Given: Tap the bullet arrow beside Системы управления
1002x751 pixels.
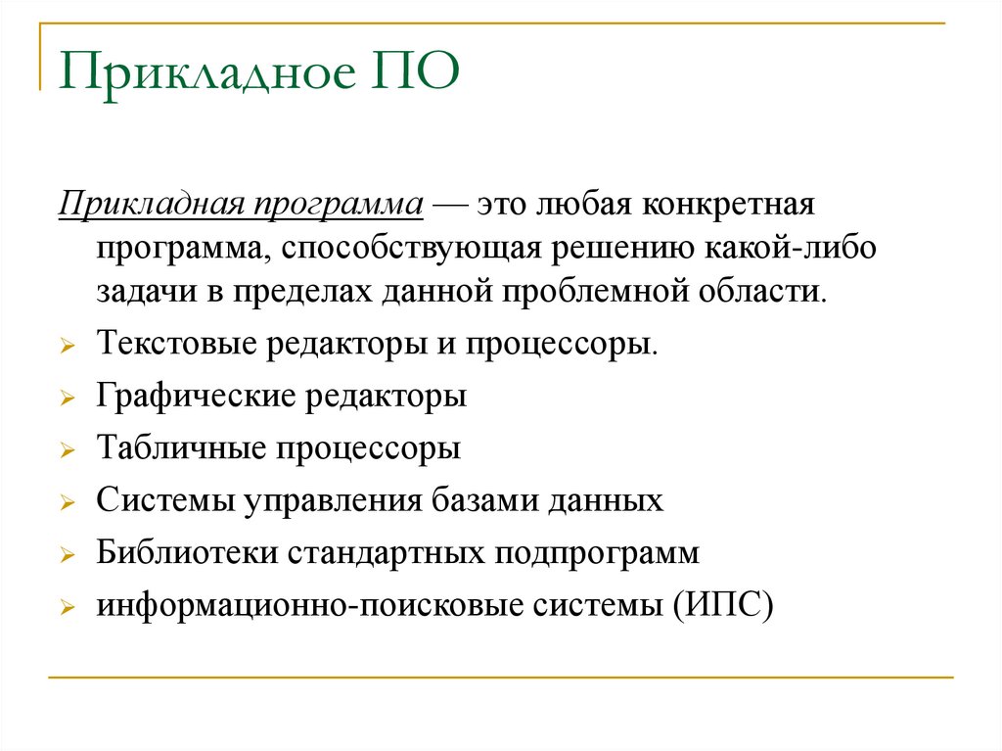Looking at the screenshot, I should click(66, 504).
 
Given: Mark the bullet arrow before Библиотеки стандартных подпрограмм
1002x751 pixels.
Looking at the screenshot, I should click(66, 556).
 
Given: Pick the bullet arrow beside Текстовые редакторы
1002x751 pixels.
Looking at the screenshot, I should click(66, 348).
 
